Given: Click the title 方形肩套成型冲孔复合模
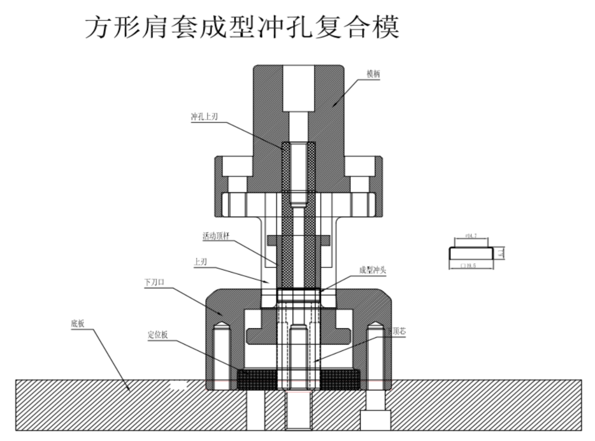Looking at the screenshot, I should coord(242,28).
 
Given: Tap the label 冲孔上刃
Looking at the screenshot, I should coord(204,117).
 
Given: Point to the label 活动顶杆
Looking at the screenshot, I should coord(216,236).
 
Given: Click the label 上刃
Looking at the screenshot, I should coord(200,261).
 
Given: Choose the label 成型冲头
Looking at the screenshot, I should coord(372,270).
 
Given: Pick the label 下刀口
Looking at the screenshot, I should coord(154,282).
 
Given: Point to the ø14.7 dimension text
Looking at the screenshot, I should coord(470,236).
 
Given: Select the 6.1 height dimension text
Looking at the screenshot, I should coord(500,253).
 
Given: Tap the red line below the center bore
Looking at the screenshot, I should coord(297,392).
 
